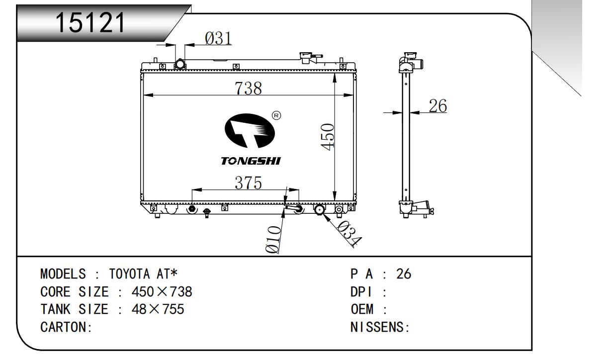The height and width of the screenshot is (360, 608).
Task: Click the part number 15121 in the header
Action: [90, 22]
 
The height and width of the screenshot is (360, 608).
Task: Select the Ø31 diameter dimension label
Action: [218, 38]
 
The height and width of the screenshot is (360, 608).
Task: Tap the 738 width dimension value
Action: [248, 88]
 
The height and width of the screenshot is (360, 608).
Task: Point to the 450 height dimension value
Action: [327, 137]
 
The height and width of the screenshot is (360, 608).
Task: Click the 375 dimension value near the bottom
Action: [248, 182]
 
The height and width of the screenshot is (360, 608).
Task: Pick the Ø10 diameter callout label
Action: [273, 240]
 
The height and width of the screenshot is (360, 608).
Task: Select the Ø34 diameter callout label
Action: [349, 233]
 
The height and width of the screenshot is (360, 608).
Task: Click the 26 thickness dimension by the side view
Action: [437, 106]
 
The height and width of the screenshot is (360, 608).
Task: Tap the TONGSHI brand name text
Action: [250, 161]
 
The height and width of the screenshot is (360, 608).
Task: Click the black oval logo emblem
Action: [250, 131]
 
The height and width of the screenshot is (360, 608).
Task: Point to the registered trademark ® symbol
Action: [276, 116]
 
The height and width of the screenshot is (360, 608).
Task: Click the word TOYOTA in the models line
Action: [129, 274]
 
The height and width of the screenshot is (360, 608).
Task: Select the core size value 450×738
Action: [162, 292]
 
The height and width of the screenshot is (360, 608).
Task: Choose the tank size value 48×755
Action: [158, 309]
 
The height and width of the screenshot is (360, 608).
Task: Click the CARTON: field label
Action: [67, 327]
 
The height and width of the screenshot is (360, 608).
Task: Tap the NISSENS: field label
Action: [380, 327]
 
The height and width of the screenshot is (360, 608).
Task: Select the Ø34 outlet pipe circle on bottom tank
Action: [319, 209]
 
